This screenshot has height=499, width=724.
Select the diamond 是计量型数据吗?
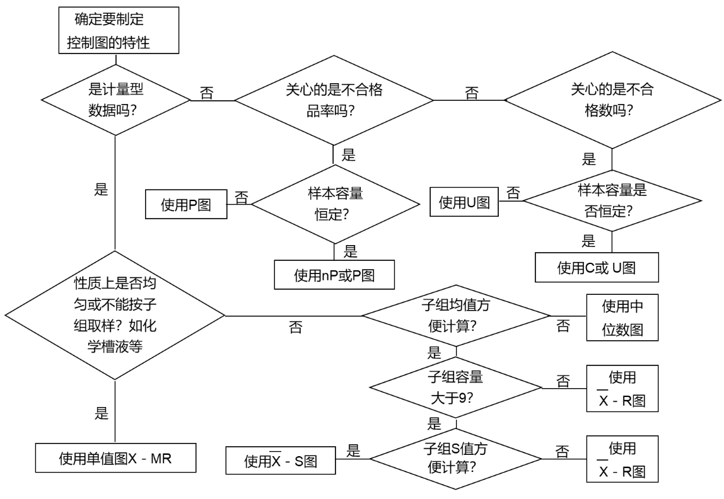point(116,99)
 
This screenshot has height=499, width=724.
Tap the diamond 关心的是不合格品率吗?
point(334,99)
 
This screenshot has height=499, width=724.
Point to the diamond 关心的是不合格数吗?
point(601,99)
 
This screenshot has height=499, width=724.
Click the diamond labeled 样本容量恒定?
point(334,203)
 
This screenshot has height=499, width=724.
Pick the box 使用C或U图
point(597,268)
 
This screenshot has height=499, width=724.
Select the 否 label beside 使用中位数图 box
point(563,325)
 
